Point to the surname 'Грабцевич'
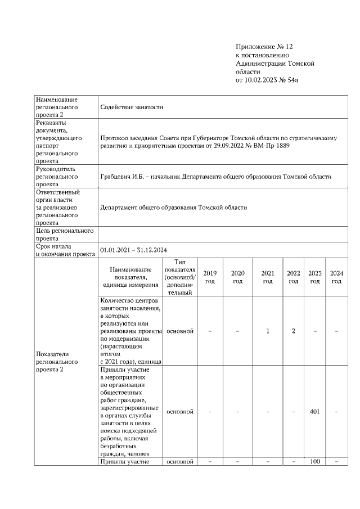tap(117, 177)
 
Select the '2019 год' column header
tap(209, 277)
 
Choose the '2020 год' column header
tap(238, 277)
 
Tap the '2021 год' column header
tap(268, 277)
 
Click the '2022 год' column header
tap(293, 277)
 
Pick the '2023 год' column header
tap(315, 277)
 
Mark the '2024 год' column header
tap(336, 277)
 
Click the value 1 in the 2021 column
tap(268, 331)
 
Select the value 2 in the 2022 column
tap(293, 331)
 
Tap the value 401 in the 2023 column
tap(315, 412)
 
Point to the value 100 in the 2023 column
tap(315, 462)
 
